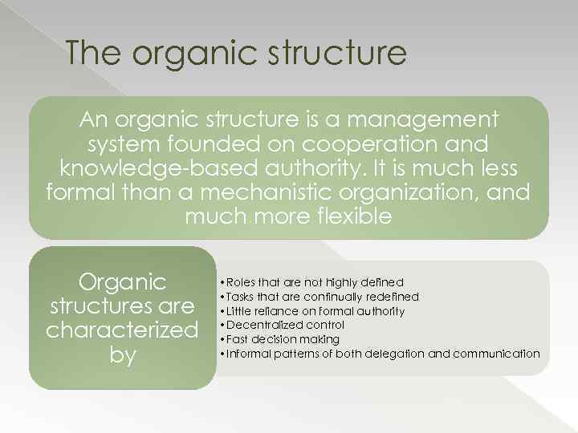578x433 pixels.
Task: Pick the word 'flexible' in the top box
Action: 356,217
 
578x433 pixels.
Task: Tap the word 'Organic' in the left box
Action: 122,282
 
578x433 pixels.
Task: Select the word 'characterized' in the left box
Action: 122,330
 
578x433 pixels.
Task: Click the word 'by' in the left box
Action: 122,354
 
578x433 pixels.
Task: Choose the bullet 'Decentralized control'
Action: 286,325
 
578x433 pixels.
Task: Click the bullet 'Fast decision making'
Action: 283,339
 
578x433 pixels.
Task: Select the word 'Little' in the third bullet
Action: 240,311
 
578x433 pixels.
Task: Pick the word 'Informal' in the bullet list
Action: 250,354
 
